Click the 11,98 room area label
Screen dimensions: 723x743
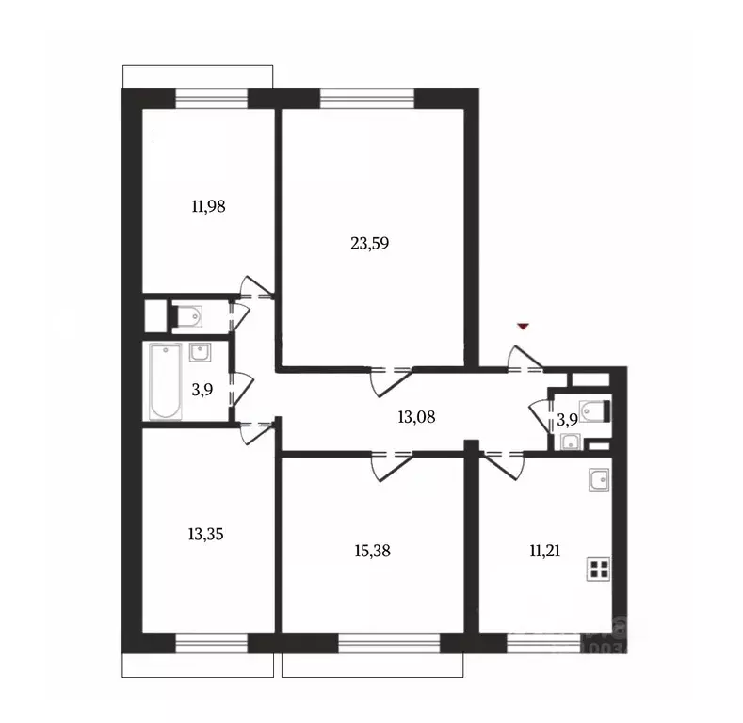click(207, 205)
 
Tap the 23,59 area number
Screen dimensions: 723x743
click(369, 242)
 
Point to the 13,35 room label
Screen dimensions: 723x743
click(206, 534)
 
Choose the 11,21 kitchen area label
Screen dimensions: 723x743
click(545, 552)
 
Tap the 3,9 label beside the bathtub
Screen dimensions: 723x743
click(201, 389)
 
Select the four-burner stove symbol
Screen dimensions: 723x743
click(597, 568)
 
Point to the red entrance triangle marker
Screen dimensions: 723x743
click(525, 326)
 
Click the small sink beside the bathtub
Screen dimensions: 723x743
click(201, 352)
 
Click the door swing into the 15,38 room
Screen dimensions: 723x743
click(388, 464)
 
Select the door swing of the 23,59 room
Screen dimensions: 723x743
click(389, 379)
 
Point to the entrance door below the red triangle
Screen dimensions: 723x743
click(525, 359)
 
